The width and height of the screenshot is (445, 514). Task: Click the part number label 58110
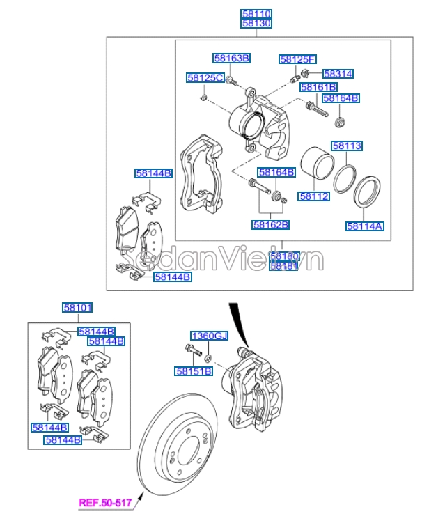click(256, 13)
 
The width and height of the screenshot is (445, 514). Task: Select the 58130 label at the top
click(256, 23)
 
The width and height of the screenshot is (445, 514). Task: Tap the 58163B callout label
click(231, 59)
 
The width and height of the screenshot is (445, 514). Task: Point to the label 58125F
click(297, 59)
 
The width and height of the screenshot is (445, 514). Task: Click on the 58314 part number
click(338, 73)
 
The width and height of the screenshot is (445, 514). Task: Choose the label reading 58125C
click(205, 77)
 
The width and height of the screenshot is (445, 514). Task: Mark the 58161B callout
click(318, 87)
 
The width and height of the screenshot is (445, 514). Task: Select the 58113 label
click(346, 146)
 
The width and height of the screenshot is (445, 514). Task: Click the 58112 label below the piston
click(314, 196)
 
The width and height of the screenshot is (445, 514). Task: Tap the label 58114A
click(365, 226)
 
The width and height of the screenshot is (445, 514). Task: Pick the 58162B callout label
click(271, 225)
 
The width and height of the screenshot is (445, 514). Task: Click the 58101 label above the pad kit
click(78, 307)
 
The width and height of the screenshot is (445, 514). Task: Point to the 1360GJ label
click(209, 336)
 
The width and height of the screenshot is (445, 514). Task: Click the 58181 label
click(283, 266)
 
